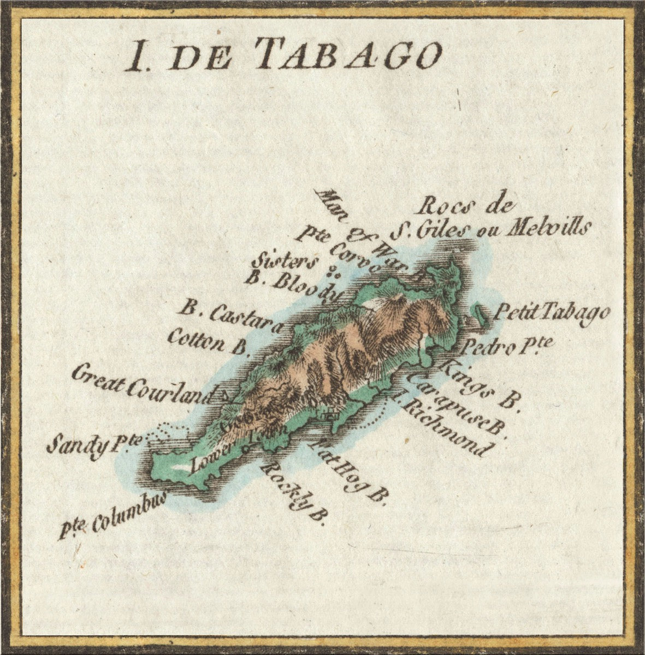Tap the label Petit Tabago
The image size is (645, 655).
tap(552, 313)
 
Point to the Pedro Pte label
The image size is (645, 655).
tap(508, 346)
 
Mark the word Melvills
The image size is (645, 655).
tap(546, 229)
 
